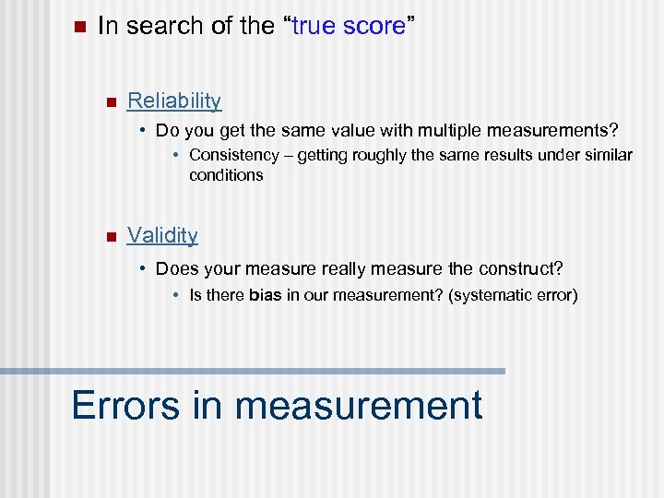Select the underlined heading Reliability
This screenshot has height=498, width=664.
[x=174, y=101]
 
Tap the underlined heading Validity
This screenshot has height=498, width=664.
[x=162, y=235]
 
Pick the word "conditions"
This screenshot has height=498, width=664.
[x=226, y=174]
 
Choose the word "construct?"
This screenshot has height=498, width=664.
[x=520, y=268]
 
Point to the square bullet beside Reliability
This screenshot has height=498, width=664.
[x=110, y=101]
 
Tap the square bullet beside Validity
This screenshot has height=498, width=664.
[x=110, y=236]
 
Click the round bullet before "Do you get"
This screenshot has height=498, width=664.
[x=144, y=129]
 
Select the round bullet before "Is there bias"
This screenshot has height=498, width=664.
[x=177, y=296]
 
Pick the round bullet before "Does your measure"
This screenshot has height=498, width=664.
[x=144, y=268]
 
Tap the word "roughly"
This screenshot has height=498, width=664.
[x=376, y=155]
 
